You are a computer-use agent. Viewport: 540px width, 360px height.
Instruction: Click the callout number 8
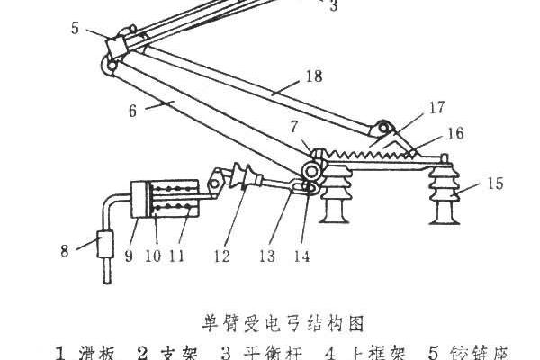click(x=65, y=249)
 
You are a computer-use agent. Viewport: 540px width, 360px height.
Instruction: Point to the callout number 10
click(x=155, y=256)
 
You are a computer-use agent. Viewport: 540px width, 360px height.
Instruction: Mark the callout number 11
click(x=181, y=256)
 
